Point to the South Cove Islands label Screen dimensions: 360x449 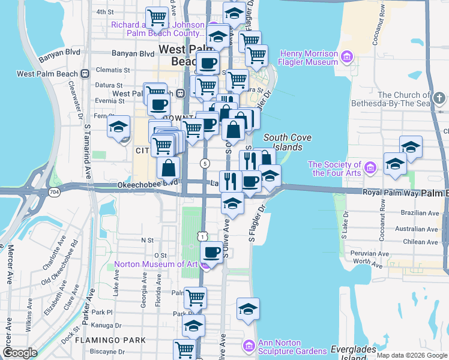click(288, 142)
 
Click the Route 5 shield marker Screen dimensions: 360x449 click(205, 163)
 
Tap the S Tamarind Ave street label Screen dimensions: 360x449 click(88, 150)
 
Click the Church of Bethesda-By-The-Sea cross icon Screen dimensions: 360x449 click(439, 97)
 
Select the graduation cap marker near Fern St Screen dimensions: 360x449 click(119, 127)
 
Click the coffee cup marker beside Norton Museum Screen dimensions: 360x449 click(211, 253)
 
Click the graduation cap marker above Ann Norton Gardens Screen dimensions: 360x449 click(248, 309)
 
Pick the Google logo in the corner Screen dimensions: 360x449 click(20, 353)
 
